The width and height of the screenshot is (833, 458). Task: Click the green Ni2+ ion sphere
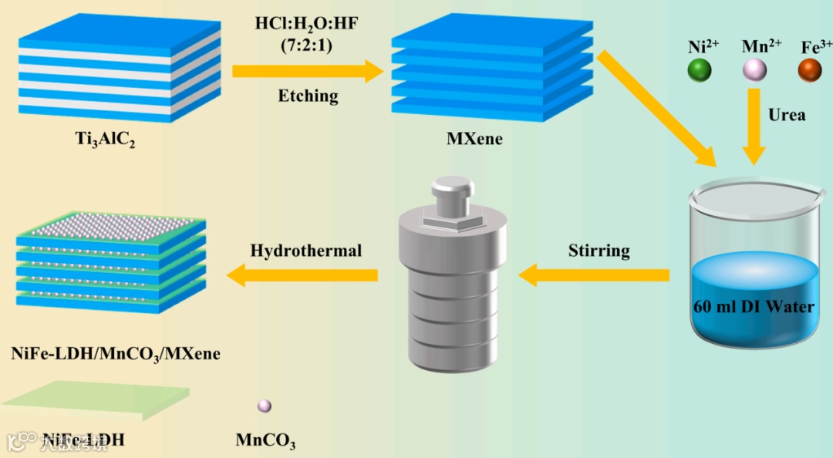[700, 71]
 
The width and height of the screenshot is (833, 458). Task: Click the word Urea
[787, 115]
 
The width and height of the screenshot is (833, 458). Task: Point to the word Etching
[308, 96]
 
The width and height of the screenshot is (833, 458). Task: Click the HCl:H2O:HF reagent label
[308, 22]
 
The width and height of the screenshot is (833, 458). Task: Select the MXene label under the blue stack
[474, 140]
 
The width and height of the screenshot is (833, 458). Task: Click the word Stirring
[599, 251]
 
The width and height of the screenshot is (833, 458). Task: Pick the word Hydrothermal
[306, 251]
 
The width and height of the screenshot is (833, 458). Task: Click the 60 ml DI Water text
[754, 306]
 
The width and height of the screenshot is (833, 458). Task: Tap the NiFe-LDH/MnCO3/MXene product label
[116, 354]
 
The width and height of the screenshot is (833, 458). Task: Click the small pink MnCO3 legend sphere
[264, 406]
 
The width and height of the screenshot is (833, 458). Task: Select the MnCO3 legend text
[265, 442]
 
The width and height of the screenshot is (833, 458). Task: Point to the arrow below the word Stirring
[594, 274]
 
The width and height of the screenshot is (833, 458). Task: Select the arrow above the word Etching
[308, 72]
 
